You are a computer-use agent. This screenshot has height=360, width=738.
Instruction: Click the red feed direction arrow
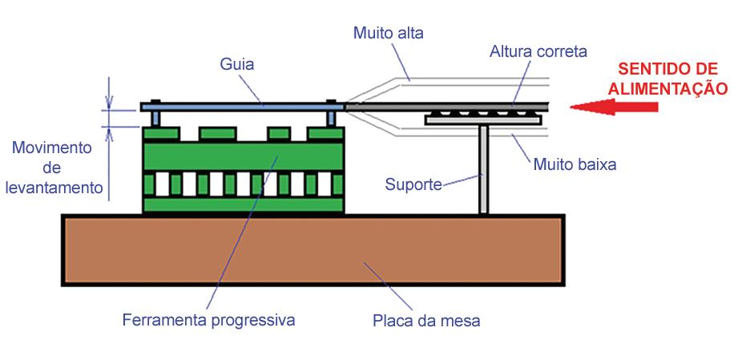coord(613,106)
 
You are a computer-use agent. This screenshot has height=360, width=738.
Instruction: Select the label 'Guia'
coord(237,63)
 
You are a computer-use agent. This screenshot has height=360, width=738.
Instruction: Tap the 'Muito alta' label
coord(388,34)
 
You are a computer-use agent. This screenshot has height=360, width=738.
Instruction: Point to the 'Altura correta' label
coord(538,52)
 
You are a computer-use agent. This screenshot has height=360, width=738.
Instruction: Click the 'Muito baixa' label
coord(574,165)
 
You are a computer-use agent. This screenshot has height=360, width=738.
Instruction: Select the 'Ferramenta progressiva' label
coord(209,320)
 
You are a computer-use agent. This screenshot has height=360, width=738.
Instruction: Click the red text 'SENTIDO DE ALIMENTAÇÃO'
coord(667,78)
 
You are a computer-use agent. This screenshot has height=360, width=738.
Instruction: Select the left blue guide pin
coord(155,118)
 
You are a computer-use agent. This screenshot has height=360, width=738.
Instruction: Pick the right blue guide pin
coord(330,118)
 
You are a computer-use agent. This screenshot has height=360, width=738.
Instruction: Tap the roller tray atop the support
coord(483,119)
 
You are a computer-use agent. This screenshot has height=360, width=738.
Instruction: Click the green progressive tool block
coord(244,168)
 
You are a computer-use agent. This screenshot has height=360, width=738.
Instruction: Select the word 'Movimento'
coord(53,148)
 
